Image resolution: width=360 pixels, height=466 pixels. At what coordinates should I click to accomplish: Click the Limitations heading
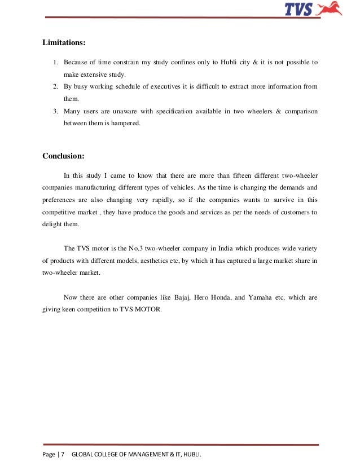pos(64,42)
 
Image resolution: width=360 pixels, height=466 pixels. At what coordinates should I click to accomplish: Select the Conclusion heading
pos(64,156)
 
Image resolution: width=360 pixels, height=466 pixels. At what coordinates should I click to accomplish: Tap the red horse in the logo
pos(330,8)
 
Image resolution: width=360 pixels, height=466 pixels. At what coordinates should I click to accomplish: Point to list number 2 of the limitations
pos(56,86)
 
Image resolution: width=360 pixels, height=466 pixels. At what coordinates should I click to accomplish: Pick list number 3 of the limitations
pos(56,111)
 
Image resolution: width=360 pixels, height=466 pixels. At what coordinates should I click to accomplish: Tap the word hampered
pos(128,122)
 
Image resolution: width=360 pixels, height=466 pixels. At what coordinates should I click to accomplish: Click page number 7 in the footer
pos(62,454)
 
